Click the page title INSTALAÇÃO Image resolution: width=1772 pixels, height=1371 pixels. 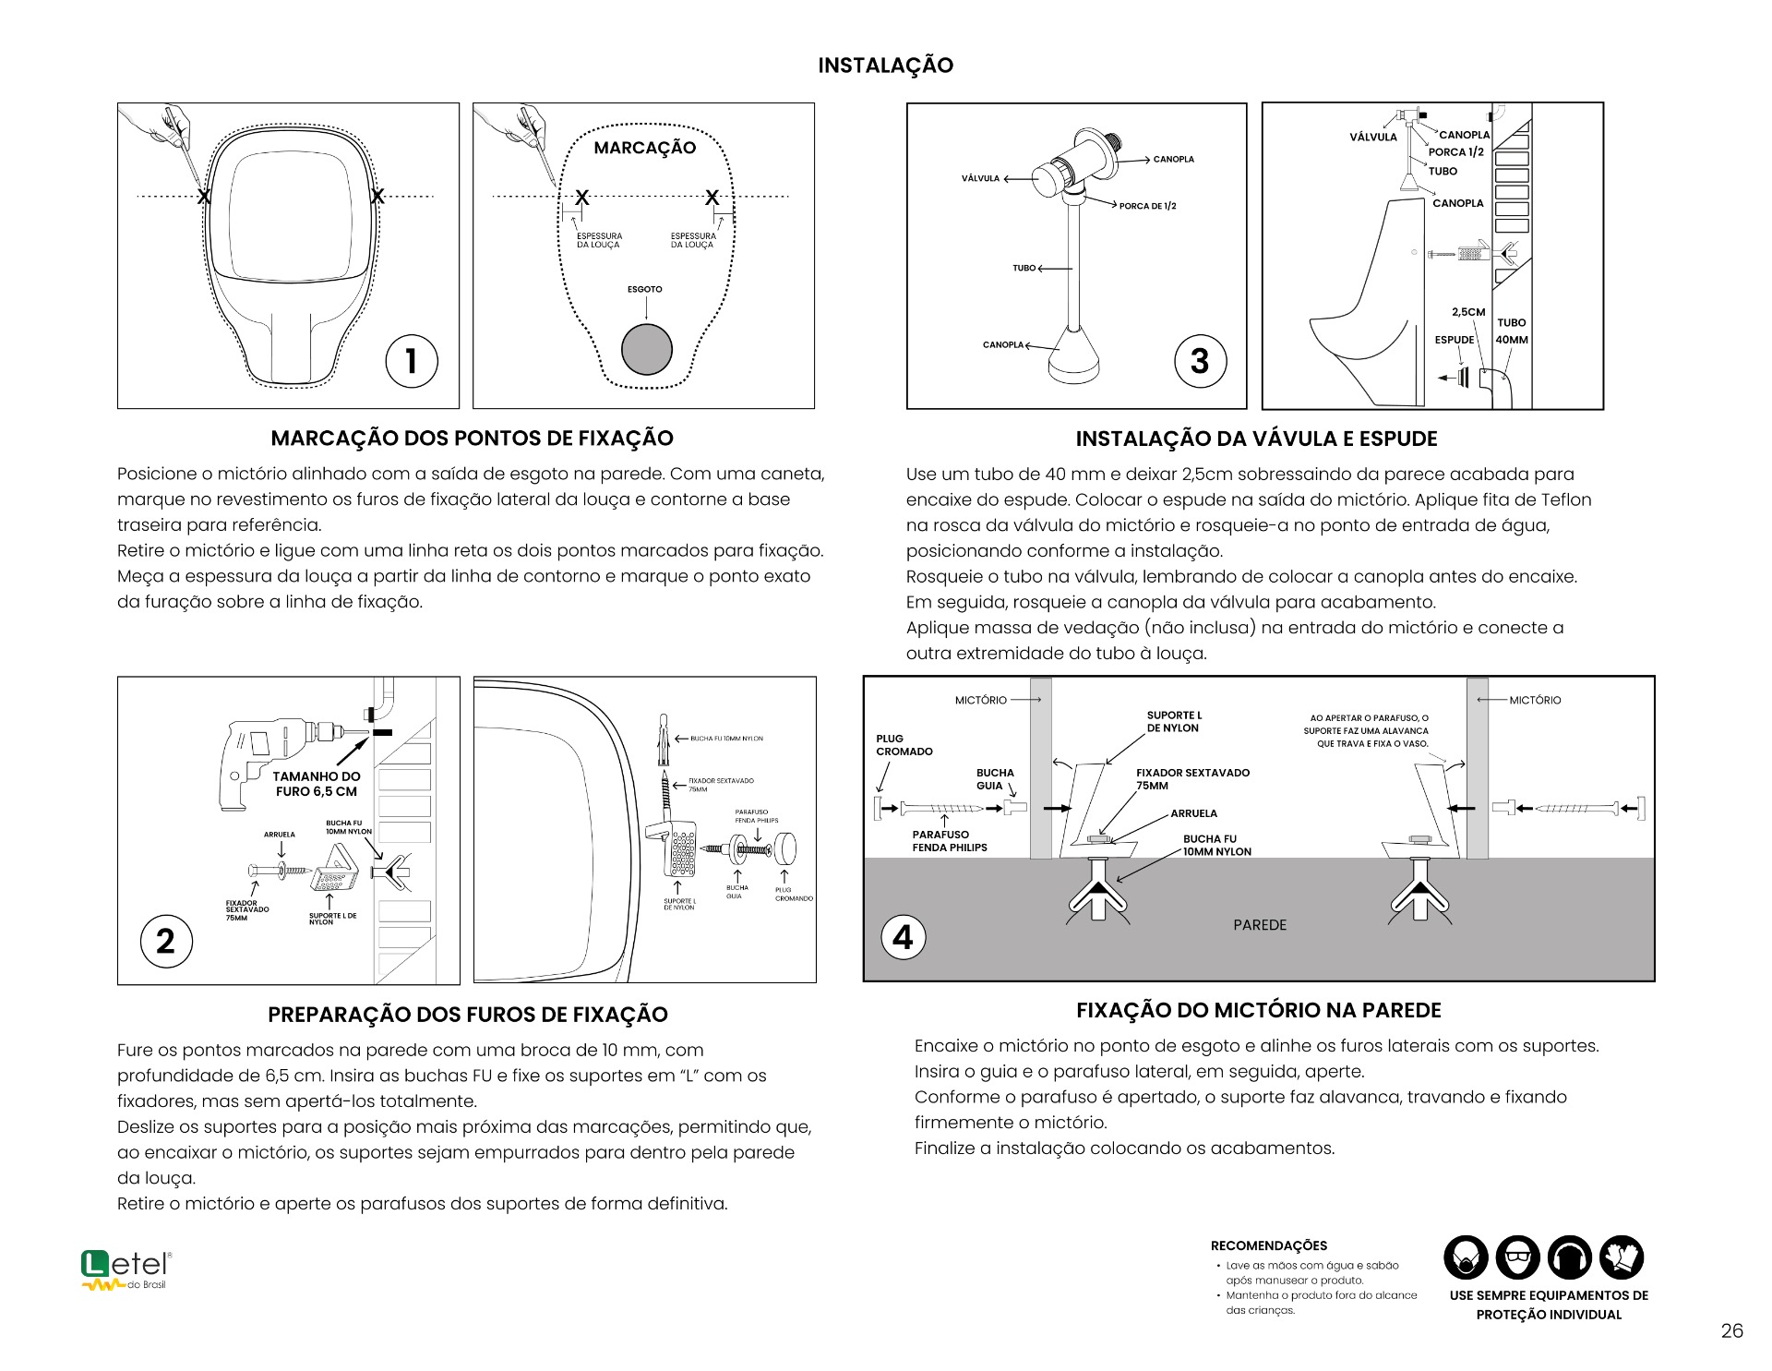point(885,66)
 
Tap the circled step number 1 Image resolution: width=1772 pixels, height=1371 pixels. point(412,361)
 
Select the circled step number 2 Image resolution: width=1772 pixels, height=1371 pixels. point(166,941)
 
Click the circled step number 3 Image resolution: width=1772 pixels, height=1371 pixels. point(1200,361)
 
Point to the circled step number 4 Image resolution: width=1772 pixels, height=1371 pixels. point(904,937)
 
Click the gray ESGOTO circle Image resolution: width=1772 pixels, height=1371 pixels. point(646,350)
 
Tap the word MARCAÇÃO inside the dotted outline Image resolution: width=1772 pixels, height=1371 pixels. point(644,148)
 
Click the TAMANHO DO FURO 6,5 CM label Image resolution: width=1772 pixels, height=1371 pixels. point(317,784)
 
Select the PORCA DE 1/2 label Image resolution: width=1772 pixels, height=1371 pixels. point(1147,206)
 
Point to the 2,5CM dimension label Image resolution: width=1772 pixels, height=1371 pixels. point(1468,312)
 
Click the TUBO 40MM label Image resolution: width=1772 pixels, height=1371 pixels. point(1512,331)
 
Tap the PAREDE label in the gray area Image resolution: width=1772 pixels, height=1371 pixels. point(1260,925)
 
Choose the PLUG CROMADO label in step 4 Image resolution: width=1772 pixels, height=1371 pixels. point(904,745)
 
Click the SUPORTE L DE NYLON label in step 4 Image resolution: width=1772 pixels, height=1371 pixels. point(1174,722)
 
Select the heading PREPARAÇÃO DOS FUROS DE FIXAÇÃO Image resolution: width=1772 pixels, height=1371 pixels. point(468,1015)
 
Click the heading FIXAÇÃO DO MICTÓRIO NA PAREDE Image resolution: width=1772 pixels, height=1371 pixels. point(1259,1010)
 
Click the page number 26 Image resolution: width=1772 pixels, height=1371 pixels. point(1732,1330)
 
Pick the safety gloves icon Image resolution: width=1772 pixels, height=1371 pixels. point(1622,1257)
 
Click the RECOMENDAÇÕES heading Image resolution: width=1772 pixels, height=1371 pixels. point(1269,1245)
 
